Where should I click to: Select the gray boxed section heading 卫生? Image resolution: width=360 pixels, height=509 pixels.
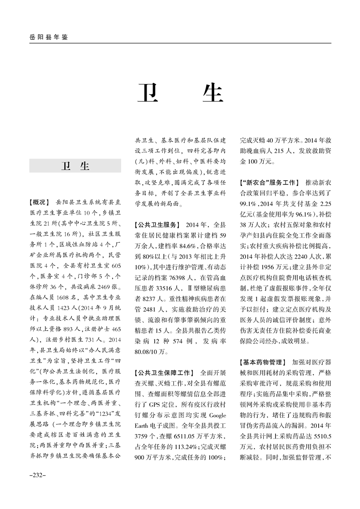[x=75, y=166]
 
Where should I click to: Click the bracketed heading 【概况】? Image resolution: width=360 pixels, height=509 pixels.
[x=39, y=201]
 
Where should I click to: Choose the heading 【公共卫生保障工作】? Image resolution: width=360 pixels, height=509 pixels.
[x=164, y=373]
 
